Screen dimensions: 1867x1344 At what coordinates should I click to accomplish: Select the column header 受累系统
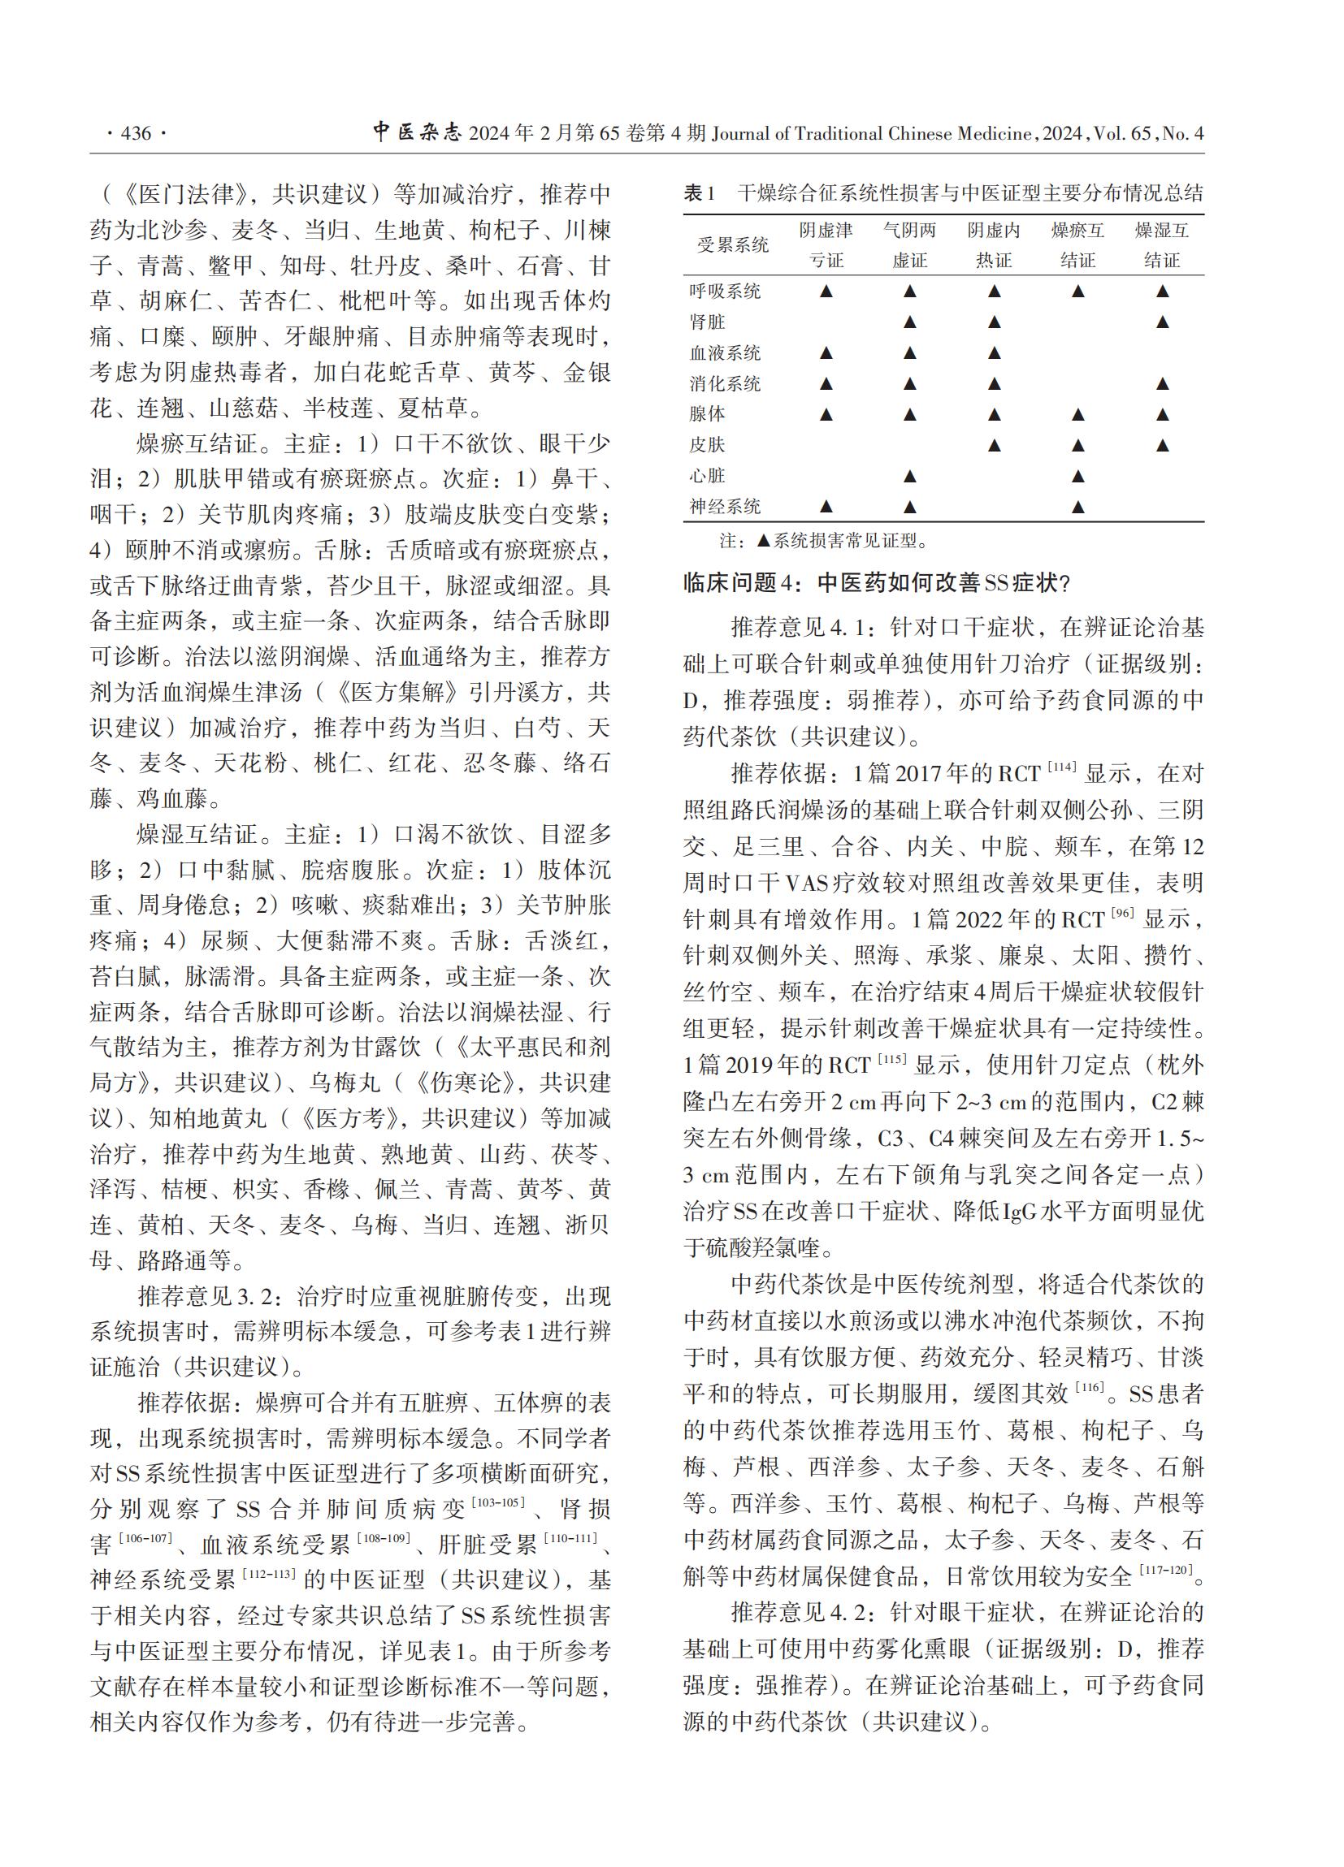732,244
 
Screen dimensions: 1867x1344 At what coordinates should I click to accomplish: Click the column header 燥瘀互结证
1077,244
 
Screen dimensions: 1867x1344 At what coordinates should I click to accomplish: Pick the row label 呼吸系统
725,291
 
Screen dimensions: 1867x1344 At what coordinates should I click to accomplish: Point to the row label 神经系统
725,506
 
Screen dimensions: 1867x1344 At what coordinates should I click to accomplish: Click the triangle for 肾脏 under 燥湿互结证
1162,322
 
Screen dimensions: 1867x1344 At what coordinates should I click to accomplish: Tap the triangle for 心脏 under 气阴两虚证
909,476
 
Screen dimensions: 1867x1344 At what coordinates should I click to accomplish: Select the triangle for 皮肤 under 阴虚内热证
994,445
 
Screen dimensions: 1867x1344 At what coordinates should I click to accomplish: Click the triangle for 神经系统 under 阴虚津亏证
826,506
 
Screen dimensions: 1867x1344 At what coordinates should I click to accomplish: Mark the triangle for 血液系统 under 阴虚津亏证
826,353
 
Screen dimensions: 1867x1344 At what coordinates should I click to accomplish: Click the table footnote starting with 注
822,541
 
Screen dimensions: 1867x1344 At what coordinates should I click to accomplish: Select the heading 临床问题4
876,583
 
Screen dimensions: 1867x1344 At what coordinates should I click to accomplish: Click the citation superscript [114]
1061,767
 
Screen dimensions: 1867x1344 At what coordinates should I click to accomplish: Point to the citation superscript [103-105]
497,1502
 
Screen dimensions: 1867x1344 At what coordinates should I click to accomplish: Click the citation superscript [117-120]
1165,1570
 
